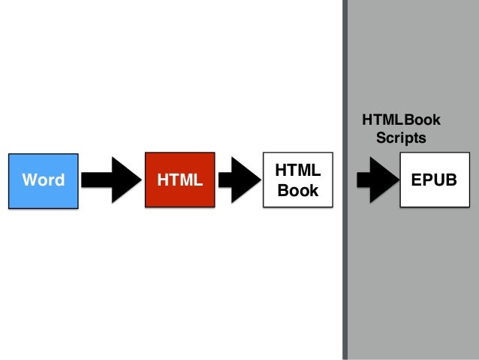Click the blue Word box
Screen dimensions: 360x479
click(43, 180)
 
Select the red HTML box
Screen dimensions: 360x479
click(179, 180)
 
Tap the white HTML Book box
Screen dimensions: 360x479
click(298, 180)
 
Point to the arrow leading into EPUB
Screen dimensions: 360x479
click(375, 181)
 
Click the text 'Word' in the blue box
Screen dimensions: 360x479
click(43, 180)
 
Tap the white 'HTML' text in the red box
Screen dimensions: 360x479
click(179, 180)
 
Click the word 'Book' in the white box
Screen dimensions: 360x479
click(298, 190)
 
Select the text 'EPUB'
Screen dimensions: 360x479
click(434, 180)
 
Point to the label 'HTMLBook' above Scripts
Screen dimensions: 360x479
click(401, 120)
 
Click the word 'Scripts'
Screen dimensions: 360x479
click(401, 138)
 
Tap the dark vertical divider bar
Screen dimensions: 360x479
click(346, 180)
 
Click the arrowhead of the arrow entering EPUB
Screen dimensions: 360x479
click(387, 181)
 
